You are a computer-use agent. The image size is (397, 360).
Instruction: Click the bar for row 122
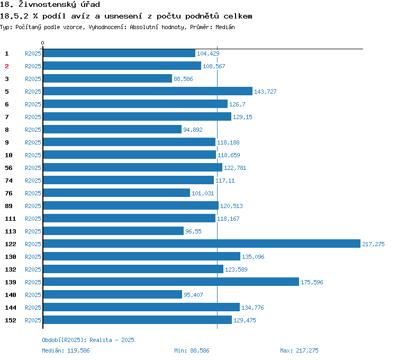pyautogui.click(x=201, y=244)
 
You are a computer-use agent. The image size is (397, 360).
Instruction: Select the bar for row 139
pyautogui.click(x=170, y=282)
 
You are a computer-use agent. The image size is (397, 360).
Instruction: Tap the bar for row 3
pyautogui.click(x=107, y=78)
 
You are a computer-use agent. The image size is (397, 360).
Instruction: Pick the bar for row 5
pyautogui.click(x=147, y=91)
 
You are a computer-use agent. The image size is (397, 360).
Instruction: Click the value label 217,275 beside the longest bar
pyautogui.click(x=373, y=244)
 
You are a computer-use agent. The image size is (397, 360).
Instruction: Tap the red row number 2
pyautogui.click(x=7, y=66)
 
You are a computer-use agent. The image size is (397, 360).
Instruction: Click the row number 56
pyautogui.click(x=8, y=168)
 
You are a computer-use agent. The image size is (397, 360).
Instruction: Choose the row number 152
pyautogui.click(x=10, y=320)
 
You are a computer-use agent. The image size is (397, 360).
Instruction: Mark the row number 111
pyautogui.click(x=10, y=219)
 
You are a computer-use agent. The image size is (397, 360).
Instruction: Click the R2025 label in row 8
pyautogui.click(x=33, y=130)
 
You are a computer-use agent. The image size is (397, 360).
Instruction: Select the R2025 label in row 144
pyautogui.click(x=33, y=308)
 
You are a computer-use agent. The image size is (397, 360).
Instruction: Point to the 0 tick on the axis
pyautogui.click(x=43, y=43)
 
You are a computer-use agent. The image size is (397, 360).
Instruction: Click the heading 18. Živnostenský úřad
pyautogui.click(x=50, y=5)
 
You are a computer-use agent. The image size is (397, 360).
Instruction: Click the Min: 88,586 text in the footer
pyautogui.click(x=192, y=350)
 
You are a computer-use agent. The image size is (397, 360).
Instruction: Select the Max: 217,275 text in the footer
pyautogui.click(x=299, y=350)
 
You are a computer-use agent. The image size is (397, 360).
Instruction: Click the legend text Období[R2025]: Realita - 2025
pyautogui.click(x=88, y=340)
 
